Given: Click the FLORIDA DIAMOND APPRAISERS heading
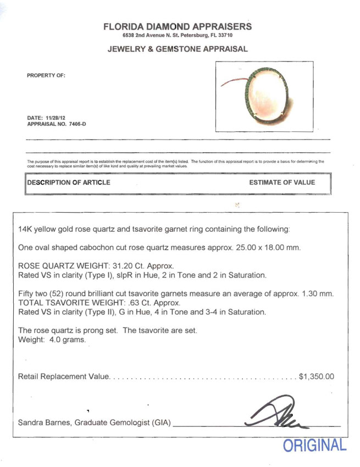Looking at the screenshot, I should click(x=178, y=26).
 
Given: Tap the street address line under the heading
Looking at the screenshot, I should click(x=178, y=36).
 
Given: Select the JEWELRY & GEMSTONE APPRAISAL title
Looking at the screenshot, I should click(x=178, y=49).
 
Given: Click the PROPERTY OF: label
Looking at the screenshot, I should click(x=46, y=76).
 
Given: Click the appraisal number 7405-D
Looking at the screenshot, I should click(x=74, y=124).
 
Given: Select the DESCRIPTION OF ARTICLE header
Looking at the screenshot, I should click(x=68, y=182).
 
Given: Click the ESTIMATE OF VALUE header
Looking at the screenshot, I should click(x=282, y=182).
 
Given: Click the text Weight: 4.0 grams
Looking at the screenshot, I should click(x=52, y=340).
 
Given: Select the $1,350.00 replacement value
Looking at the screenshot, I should click(x=316, y=377).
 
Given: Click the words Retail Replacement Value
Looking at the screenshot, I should click(x=64, y=377).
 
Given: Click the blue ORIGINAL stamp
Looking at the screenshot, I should click(x=315, y=446).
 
